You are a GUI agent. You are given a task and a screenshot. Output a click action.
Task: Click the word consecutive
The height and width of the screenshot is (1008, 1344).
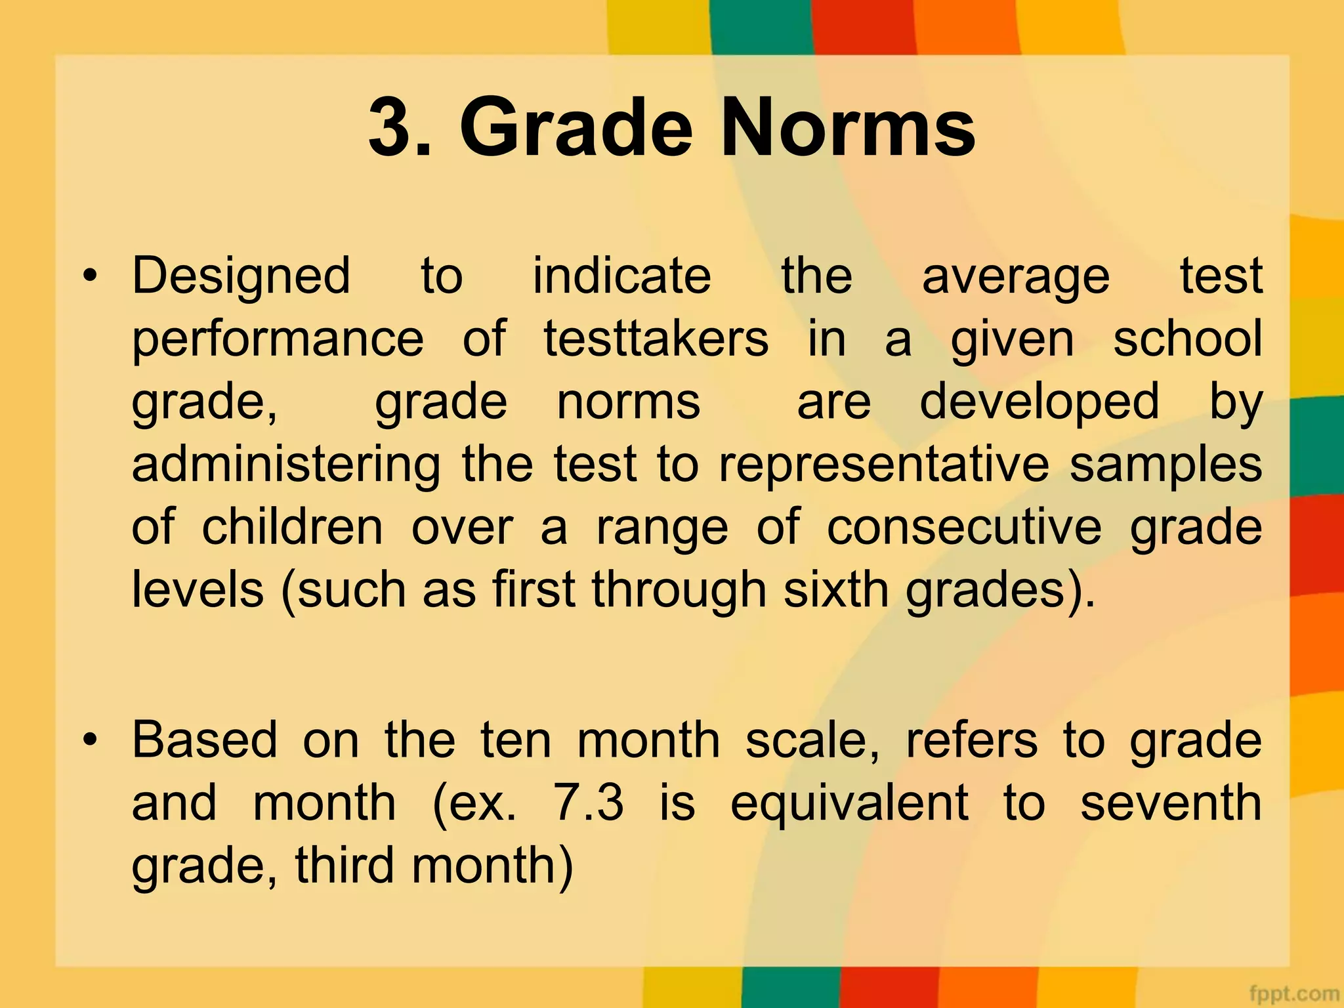(x=964, y=528)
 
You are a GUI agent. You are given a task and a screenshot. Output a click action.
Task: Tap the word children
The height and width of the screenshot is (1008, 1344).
(x=292, y=528)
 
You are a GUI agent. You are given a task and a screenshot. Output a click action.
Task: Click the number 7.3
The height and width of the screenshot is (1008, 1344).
(x=589, y=803)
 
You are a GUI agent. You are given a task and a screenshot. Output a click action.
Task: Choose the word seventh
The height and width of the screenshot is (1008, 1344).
(x=1171, y=803)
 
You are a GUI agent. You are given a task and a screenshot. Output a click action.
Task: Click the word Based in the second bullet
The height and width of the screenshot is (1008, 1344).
(x=205, y=740)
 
